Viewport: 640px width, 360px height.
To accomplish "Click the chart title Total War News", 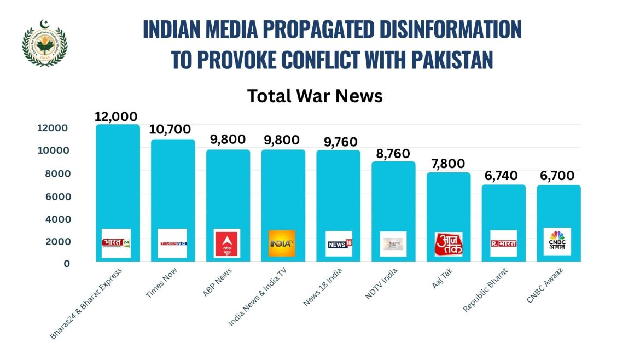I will tap(315, 96).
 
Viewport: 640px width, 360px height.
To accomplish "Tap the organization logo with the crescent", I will tap(44, 44).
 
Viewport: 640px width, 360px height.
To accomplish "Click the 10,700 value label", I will tap(170, 130).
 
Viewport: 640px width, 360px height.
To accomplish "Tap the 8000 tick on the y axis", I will tap(54, 173).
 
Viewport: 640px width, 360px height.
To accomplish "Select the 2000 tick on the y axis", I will tap(54, 241).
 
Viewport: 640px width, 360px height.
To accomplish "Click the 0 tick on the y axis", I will tap(66, 264).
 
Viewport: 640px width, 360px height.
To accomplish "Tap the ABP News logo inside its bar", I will tap(226, 243).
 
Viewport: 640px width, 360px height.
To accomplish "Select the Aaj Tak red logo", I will tap(448, 244).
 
